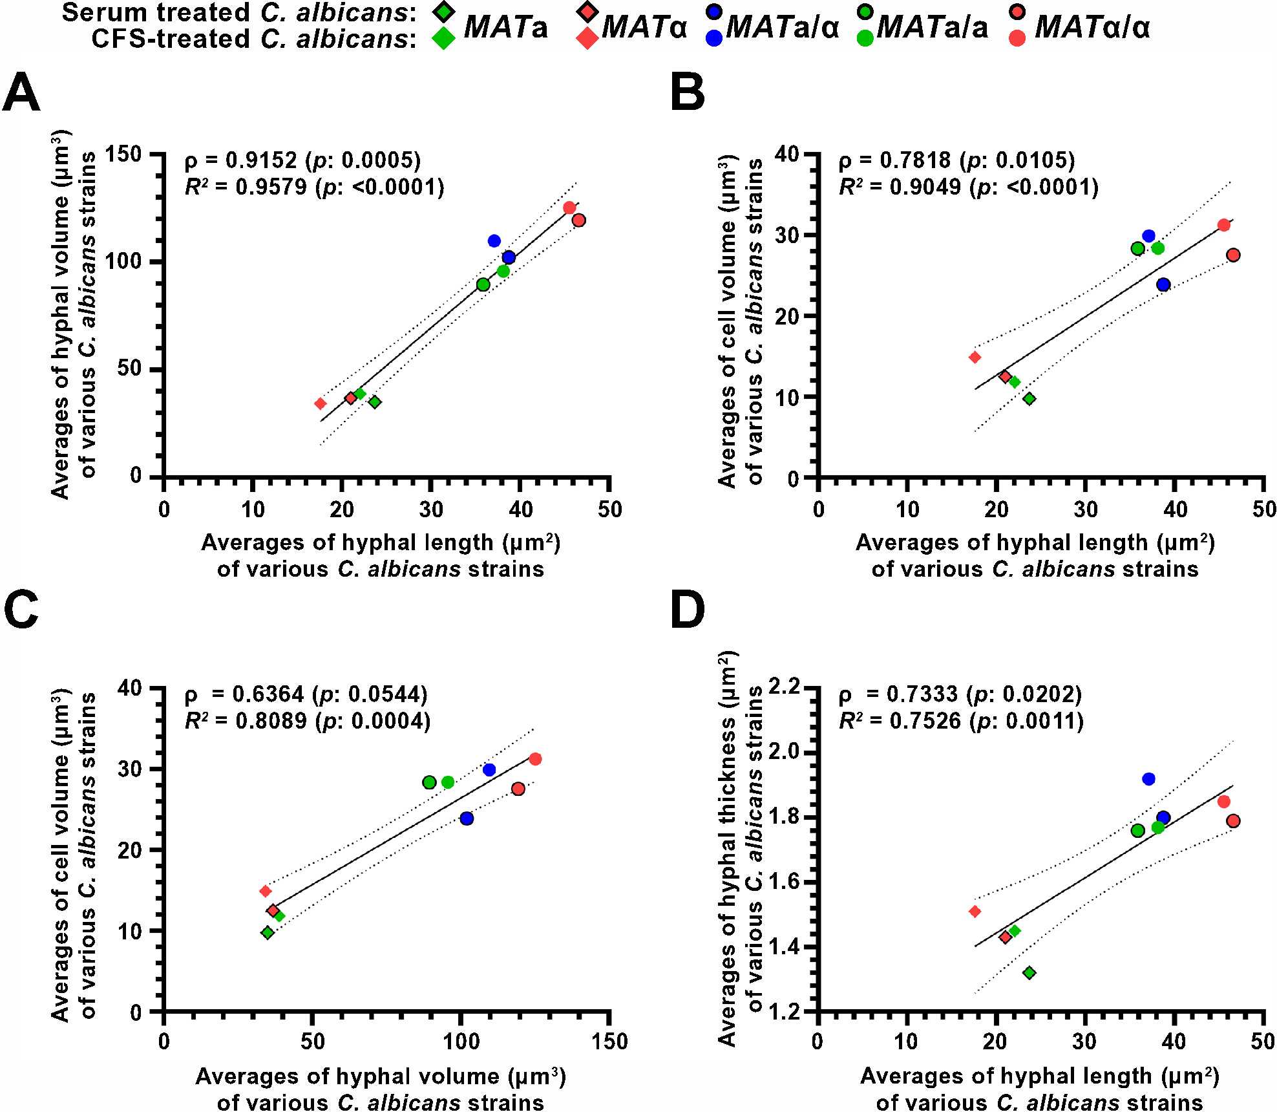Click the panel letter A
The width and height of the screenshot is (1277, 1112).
click(x=21, y=92)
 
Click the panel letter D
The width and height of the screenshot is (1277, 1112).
click(x=688, y=610)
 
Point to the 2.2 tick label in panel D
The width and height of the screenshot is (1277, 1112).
click(x=783, y=687)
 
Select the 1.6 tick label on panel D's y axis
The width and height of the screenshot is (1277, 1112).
click(x=783, y=882)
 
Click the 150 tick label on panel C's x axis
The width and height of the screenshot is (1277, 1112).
click(x=609, y=1042)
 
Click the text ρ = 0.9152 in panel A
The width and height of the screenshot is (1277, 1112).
click(x=241, y=160)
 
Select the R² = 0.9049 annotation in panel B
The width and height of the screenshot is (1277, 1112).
click(x=895, y=187)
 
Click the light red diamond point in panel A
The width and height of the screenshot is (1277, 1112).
click(x=320, y=403)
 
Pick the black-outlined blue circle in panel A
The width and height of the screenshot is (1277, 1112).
click(x=509, y=257)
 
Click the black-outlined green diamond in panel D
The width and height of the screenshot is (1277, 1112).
click(x=1029, y=972)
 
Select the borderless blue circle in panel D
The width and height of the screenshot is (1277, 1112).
click(x=1148, y=779)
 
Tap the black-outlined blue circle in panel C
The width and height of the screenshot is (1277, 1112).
click(x=467, y=818)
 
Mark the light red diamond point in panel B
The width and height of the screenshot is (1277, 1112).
click(x=975, y=357)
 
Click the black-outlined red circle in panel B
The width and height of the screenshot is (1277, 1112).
click(x=1233, y=255)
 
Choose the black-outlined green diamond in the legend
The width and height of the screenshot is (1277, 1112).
click(x=443, y=12)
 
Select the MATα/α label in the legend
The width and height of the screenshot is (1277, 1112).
click(x=1092, y=27)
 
